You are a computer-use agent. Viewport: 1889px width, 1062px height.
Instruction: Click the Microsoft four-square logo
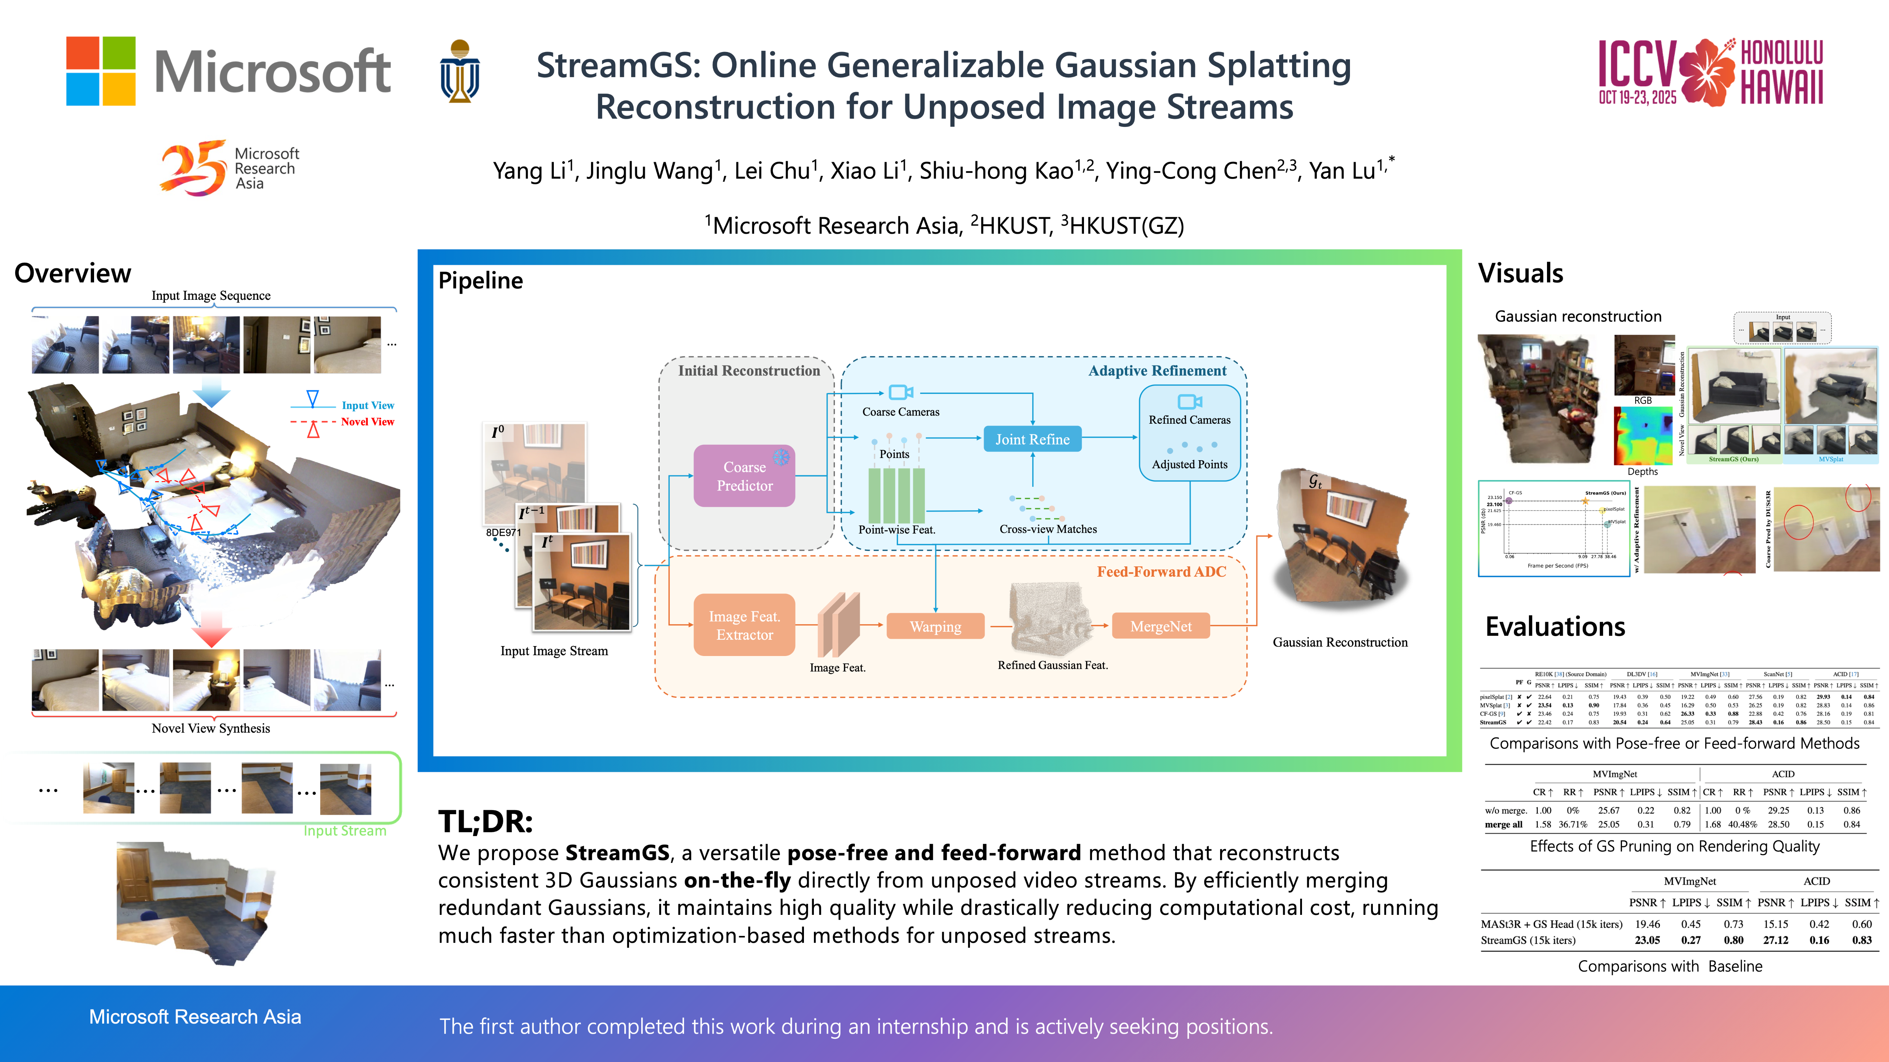tap(101, 71)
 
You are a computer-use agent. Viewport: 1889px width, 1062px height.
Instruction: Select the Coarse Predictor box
tap(744, 476)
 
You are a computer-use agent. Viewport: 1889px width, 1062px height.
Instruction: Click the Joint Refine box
tap(1032, 439)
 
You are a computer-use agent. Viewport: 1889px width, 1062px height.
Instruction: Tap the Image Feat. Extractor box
tap(744, 625)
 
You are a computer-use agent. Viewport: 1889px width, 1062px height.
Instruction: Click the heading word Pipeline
tap(480, 281)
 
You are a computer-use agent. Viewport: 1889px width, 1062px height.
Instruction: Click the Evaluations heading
tap(1555, 627)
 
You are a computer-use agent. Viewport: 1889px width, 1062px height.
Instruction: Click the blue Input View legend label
tap(367, 405)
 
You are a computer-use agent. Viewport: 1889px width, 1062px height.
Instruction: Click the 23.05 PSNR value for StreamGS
tap(1647, 940)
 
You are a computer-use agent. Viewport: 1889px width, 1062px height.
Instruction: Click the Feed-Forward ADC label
tap(1161, 572)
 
